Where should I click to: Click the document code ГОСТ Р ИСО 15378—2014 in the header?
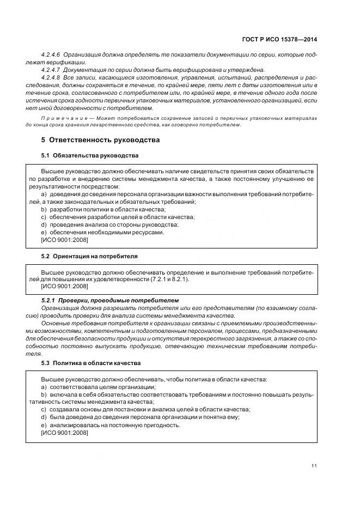[280, 39]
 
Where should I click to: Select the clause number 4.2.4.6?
[51, 56]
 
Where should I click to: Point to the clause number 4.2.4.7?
[51, 70]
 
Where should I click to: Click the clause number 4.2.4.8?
[51, 78]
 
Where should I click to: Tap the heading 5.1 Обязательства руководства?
[90, 156]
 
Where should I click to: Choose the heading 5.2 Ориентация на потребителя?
[89, 256]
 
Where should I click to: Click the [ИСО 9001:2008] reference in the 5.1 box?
[64, 240]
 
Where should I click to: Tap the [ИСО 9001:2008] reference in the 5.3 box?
[64, 433]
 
